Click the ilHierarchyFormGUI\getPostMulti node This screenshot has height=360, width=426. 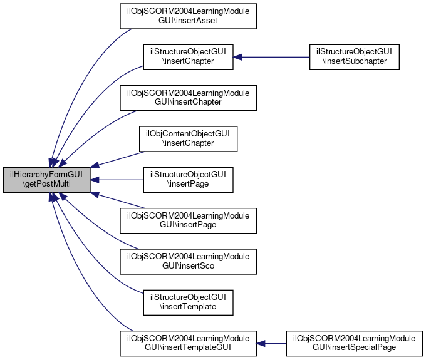pos(46,180)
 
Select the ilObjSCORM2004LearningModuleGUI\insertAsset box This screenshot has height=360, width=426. pos(188,16)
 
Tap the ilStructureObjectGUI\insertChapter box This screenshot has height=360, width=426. pos(188,57)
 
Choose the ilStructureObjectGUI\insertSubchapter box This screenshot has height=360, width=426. pos(355,57)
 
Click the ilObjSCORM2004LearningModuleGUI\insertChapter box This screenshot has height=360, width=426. pos(188,98)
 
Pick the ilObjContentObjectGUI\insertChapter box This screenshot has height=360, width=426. pos(188,139)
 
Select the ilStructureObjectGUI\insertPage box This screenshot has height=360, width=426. pos(188,180)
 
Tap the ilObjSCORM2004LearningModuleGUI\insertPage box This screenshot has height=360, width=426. pos(188,221)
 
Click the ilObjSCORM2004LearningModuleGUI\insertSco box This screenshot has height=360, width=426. pos(188,262)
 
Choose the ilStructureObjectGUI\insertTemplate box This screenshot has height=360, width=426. pos(188,302)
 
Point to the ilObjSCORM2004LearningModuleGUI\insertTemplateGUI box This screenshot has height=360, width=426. pos(188,344)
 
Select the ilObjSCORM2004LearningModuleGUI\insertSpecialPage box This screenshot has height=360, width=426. pos(355,344)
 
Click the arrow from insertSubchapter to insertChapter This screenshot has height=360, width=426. pos(271,57)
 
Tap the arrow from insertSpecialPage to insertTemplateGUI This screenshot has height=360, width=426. pos(271,344)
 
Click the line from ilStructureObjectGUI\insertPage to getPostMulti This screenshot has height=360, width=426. pos(117,180)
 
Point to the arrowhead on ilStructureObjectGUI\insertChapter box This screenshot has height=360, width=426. pos(237,57)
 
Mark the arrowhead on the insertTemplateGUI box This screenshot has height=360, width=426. pos(261,344)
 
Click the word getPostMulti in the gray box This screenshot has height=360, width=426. pos(48,184)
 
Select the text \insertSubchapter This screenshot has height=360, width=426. pos(355,61)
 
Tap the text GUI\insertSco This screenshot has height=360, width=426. pos(188,266)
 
